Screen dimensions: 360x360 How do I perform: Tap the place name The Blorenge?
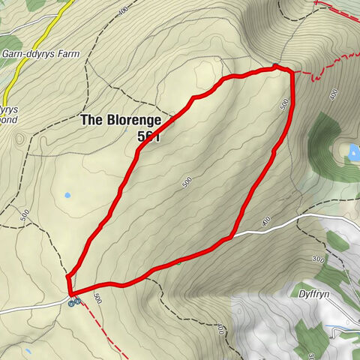(120, 120)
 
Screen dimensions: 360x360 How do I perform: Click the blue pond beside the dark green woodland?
(353, 152)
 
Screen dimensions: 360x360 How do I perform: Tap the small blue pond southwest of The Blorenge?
(67, 195)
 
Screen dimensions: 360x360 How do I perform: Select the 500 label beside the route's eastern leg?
(284, 104)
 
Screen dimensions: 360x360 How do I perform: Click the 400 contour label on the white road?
(265, 221)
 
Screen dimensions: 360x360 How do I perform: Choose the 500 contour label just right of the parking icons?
(97, 298)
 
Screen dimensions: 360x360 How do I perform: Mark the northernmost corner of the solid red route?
(275, 67)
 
